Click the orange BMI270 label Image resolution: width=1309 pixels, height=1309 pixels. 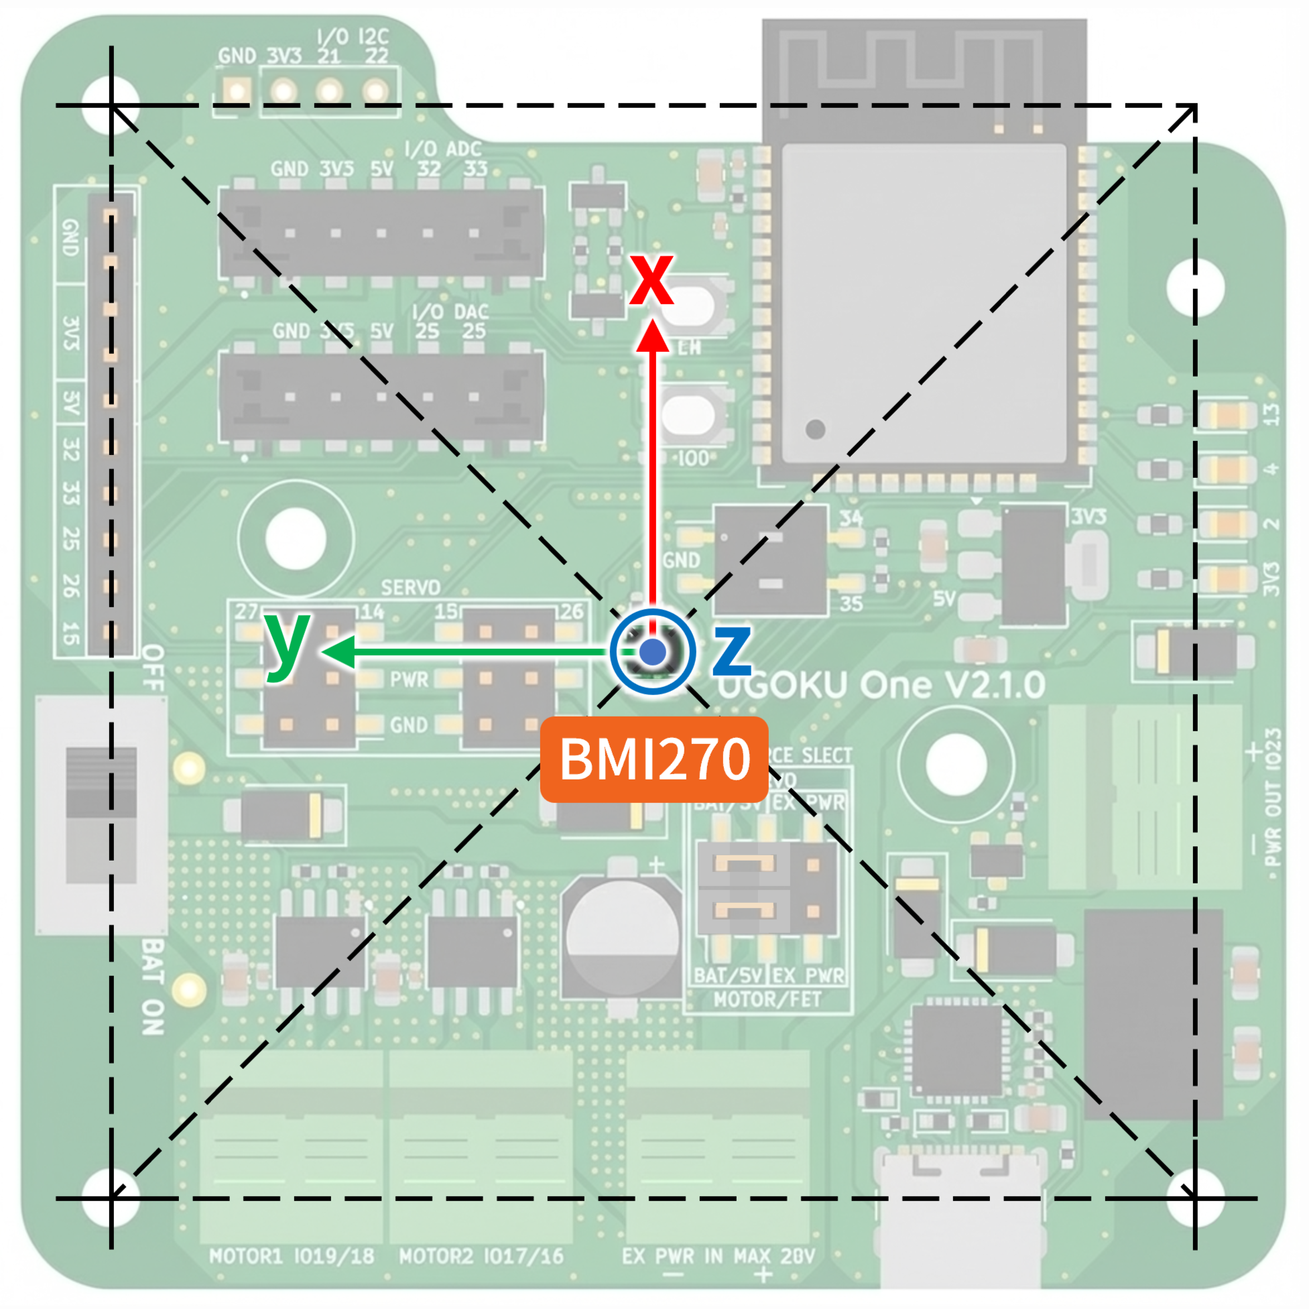pyautogui.click(x=653, y=759)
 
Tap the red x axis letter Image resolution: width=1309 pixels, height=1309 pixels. pyautogui.click(x=651, y=279)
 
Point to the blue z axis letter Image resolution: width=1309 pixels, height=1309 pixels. pyautogui.click(x=732, y=651)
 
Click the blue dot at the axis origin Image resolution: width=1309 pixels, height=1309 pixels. pyautogui.click(x=652, y=651)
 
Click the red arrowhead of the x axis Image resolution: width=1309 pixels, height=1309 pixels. pyautogui.click(x=652, y=336)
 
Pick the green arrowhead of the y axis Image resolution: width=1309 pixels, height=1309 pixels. pyautogui.click(x=338, y=651)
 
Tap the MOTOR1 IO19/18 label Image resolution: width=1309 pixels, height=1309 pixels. pyautogui.click(x=292, y=1257)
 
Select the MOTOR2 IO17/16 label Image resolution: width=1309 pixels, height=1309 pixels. pyautogui.click(x=481, y=1257)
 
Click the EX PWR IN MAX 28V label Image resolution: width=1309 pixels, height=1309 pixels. pyautogui.click(x=719, y=1257)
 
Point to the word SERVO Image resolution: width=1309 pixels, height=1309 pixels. pyautogui.click(x=411, y=586)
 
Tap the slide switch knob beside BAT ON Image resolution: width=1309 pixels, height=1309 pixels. pyautogui.click(x=101, y=783)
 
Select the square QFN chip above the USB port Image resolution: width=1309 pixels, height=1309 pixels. pyautogui.click(x=956, y=1050)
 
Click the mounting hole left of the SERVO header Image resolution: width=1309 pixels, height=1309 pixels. pyautogui.click(x=296, y=539)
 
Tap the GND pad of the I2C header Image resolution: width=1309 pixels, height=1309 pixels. pyautogui.click(x=237, y=90)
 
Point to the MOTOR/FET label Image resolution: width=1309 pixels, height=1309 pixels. pyautogui.click(x=767, y=999)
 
